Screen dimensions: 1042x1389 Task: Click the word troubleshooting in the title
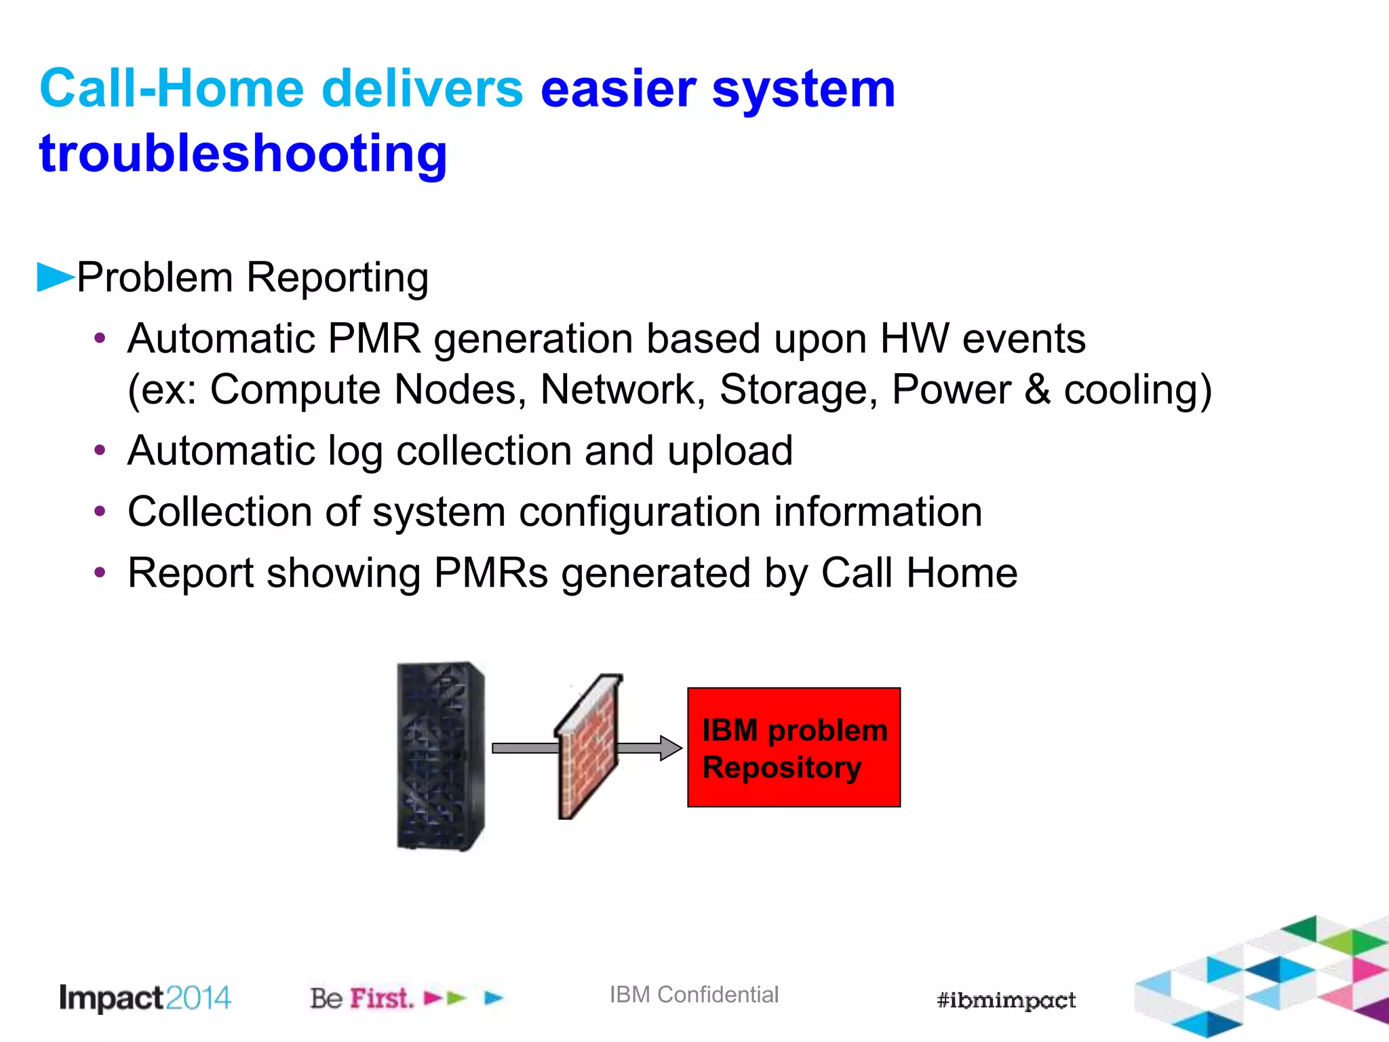[x=243, y=154]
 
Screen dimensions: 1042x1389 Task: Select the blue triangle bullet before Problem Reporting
[x=54, y=277]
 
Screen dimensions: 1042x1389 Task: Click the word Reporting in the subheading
[x=337, y=278]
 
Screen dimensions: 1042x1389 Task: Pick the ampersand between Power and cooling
[x=1037, y=390]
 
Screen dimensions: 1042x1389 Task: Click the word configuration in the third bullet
[x=640, y=512]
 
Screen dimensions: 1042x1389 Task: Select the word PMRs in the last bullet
[x=490, y=573]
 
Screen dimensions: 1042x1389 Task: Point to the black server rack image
[x=440, y=756]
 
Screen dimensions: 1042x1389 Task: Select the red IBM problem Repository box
[x=794, y=748]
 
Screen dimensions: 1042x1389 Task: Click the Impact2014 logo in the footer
[x=145, y=998]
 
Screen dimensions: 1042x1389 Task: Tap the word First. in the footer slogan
[x=381, y=999]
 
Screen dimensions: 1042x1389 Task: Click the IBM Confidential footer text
[x=694, y=995]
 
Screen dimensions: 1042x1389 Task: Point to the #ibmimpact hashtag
[x=1006, y=1000]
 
